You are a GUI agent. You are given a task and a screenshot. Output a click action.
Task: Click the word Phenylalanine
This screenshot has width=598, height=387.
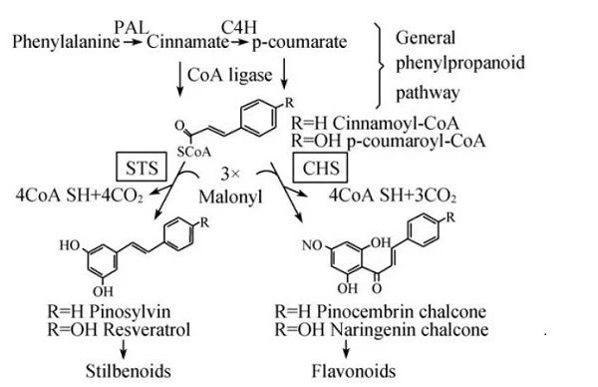[66, 42]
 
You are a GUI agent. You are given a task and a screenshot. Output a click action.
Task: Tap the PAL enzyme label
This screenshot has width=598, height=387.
[132, 28]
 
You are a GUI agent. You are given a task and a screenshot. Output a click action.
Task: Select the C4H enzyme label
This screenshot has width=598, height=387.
[239, 28]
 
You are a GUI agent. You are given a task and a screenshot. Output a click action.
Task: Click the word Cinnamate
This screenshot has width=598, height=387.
[187, 42]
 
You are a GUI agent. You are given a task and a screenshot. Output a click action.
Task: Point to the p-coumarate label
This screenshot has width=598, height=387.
[299, 42]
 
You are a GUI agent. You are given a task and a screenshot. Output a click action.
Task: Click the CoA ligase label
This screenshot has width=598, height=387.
[230, 75]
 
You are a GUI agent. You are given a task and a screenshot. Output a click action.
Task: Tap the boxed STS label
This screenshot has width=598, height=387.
[142, 168]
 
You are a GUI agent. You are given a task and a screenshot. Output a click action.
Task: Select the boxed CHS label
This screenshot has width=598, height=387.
[320, 168]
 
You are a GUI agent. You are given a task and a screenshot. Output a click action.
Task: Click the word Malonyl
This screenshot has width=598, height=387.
[231, 196]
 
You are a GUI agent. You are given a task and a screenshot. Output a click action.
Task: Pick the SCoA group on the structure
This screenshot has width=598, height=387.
[193, 153]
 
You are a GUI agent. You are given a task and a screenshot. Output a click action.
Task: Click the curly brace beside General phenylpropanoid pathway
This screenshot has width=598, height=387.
[380, 65]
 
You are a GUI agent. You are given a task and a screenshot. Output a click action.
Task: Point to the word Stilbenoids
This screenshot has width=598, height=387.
[129, 371]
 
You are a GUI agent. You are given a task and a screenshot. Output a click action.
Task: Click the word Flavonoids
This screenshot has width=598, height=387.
[354, 371]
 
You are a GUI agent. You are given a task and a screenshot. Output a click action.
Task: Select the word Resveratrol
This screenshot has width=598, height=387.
[147, 330]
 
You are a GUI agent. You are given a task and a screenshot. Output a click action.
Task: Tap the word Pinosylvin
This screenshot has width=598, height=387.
[130, 312]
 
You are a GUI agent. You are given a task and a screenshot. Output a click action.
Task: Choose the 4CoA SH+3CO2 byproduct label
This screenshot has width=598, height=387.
[393, 195]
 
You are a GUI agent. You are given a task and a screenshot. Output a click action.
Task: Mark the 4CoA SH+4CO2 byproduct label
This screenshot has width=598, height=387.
[80, 195]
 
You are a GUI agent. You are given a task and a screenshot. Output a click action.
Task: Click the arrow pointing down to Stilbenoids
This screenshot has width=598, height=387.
[124, 349]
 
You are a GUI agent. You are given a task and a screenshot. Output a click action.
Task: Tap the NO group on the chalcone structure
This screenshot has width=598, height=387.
[312, 245]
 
